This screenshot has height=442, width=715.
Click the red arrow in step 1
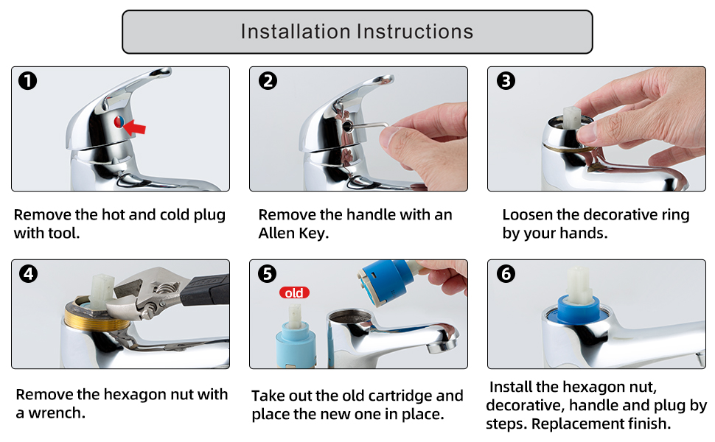tap(135, 127)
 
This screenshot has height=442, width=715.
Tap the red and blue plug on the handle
tap(119, 122)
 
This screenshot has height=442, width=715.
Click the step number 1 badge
tap(28, 80)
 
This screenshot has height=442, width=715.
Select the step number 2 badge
tap(268, 80)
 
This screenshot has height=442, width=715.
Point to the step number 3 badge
tap(506, 80)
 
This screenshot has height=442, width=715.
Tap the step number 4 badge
tap(28, 274)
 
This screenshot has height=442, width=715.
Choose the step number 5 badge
tap(268, 274)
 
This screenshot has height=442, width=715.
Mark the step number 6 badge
tap(506, 274)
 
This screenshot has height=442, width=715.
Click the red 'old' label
tap(294, 292)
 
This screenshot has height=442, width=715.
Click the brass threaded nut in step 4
tap(97, 318)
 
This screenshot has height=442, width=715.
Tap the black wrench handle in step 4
tap(205, 290)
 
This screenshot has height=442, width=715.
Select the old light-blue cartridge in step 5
tap(296, 337)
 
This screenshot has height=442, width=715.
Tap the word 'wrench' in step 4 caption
tap(57, 413)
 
